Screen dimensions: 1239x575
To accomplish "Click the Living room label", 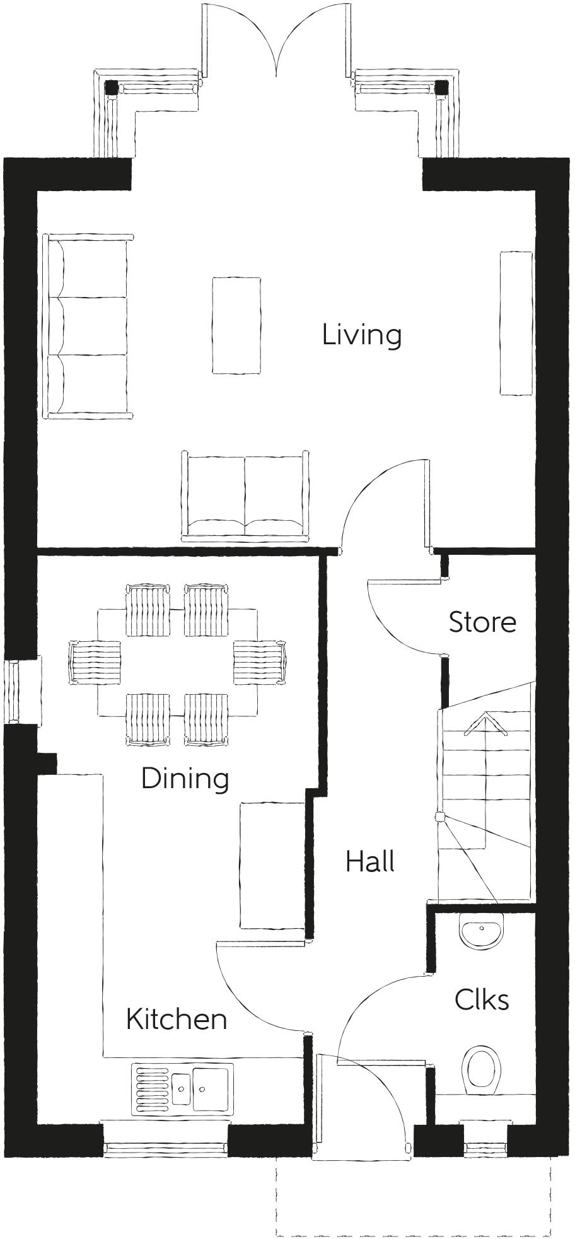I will pyautogui.click(x=361, y=335).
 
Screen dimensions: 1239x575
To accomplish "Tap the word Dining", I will pyautogui.click(x=184, y=779).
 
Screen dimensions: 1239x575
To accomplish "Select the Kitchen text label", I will pyautogui.click(x=176, y=1019).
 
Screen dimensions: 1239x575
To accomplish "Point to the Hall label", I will pyautogui.click(x=370, y=861).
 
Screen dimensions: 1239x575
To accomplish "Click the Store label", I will pyautogui.click(x=482, y=622).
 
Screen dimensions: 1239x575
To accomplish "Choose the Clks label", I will pyautogui.click(x=482, y=999).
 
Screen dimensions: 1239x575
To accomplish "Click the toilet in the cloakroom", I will pyautogui.click(x=482, y=1071).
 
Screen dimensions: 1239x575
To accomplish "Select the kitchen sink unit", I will pyautogui.click(x=182, y=1088).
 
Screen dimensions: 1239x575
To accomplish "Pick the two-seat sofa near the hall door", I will pyautogui.click(x=245, y=496).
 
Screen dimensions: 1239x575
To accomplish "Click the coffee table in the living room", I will pyautogui.click(x=236, y=325).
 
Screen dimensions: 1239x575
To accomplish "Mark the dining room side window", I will pyautogui.click(x=14, y=691).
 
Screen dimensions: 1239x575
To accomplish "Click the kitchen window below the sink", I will pyautogui.click(x=165, y=1148).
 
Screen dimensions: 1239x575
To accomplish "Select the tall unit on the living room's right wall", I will pyautogui.click(x=516, y=323).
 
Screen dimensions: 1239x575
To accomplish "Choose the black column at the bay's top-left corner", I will pyautogui.click(x=112, y=88).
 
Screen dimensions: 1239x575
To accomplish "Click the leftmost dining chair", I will pyautogui.click(x=95, y=662).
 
